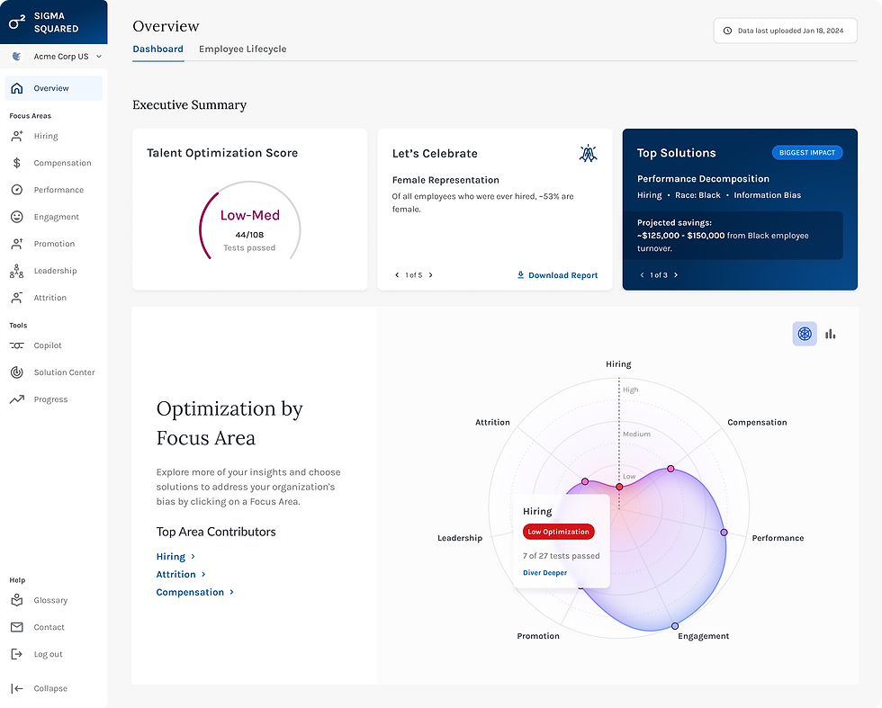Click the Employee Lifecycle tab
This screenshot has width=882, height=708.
(242, 49)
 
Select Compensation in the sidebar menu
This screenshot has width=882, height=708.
(62, 163)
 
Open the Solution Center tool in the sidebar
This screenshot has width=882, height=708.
(64, 372)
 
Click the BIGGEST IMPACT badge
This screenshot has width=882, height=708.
(806, 153)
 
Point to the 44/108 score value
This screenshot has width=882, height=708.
(249, 235)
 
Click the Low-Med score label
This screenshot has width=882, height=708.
(249, 216)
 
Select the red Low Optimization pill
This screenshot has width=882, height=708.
(558, 532)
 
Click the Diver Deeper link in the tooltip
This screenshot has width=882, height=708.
(544, 573)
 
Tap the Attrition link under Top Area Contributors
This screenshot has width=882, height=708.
(176, 574)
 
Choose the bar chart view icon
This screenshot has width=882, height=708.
(830, 334)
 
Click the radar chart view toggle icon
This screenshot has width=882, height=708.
(805, 334)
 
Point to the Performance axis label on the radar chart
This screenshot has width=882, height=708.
(778, 538)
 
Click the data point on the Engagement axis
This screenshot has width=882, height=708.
(674, 626)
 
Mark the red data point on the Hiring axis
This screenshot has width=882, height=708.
(619, 486)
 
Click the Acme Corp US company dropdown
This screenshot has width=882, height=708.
(56, 57)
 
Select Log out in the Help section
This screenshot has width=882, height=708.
(48, 654)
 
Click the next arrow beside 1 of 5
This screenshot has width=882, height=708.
(430, 275)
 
